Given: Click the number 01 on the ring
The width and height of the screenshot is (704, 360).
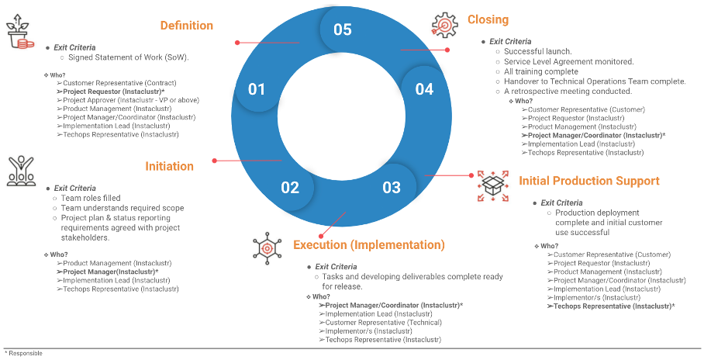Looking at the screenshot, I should (257, 89).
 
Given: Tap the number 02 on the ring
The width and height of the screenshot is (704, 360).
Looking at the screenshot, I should (290, 187).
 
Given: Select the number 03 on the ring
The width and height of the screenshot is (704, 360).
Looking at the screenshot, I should (392, 187).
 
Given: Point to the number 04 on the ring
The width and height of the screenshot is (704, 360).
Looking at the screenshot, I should (424, 89).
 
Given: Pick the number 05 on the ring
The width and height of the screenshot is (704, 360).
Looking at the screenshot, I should (343, 29).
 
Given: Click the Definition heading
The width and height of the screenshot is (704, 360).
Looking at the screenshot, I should (186, 26).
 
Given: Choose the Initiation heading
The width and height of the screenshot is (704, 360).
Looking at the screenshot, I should (169, 166).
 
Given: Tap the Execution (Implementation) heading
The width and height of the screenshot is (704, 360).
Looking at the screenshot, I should (369, 245).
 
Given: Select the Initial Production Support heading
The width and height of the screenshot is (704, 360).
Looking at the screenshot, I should (588, 181).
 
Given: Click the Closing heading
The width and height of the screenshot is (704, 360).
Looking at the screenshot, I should (488, 19).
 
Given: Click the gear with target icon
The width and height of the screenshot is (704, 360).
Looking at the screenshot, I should (445, 25).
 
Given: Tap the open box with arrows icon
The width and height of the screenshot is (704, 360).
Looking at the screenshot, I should (492, 186).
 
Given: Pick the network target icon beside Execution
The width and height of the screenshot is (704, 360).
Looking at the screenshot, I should (267, 246).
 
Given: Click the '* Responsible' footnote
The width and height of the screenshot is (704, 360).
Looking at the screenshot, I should (23, 353).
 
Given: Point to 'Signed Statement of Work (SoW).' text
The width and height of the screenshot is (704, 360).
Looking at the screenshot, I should (129, 57).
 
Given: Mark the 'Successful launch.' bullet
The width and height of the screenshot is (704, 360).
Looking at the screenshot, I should (537, 52).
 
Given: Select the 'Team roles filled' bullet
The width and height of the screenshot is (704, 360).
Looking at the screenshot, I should (91, 198).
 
